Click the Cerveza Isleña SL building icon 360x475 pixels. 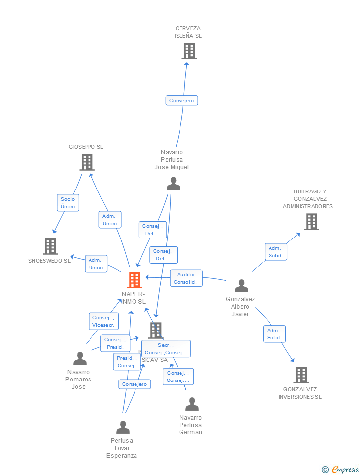(x=189, y=51)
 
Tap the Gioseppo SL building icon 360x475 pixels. (x=87, y=162)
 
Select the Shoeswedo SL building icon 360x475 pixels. (x=50, y=246)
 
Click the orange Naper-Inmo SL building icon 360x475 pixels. (x=134, y=280)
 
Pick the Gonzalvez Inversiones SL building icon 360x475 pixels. (x=301, y=375)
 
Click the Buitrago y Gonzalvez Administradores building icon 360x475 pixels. (x=311, y=222)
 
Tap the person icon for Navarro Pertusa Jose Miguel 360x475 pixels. (x=173, y=184)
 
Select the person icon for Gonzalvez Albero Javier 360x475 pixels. (x=241, y=286)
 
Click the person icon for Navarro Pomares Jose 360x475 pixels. (x=80, y=358)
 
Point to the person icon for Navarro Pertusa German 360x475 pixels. (x=192, y=404)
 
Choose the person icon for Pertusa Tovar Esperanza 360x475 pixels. (x=123, y=427)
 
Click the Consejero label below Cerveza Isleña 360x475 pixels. (x=181, y=101)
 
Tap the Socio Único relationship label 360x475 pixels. (x=68, y=203)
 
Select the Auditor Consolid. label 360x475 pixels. (x=185, y=278)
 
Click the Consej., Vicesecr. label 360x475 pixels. (x=103, y=322)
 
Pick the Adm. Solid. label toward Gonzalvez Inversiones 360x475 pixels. (x=274, y=334)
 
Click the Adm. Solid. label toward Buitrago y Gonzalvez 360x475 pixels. (x=275, y=252)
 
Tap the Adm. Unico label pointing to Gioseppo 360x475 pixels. (x=109, y=220)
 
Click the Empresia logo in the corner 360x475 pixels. (x=341, y=469)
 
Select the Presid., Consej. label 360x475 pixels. (x=127, y=362)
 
